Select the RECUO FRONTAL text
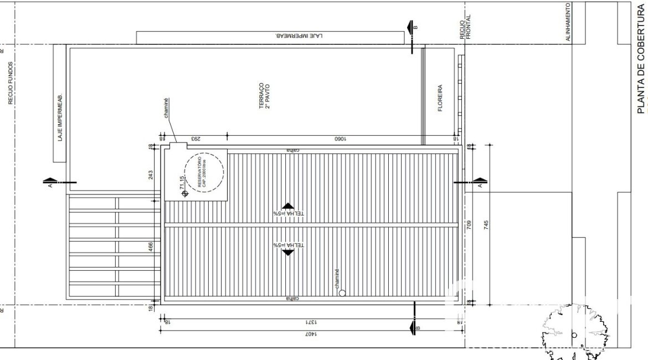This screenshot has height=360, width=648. click(x=465, y=27)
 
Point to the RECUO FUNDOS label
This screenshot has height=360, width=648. click(x=11, y=83)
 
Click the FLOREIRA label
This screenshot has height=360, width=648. click(x=440, y=98)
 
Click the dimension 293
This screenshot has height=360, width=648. click(x=195, y=138)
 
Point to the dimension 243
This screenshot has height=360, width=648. click(x=150, y=175)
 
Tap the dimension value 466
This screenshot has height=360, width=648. click(x=150, y=247)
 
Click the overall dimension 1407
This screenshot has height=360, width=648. click(x=310, y=335)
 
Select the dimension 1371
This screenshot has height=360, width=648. click(x=310, y=322)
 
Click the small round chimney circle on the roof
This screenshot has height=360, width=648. click(x=342, y=294)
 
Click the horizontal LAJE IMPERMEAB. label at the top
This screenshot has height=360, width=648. click(x=299, y=36)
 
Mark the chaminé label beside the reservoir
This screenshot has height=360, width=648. click(x=165, y=111)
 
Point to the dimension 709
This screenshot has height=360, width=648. click(x=469, y=225)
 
